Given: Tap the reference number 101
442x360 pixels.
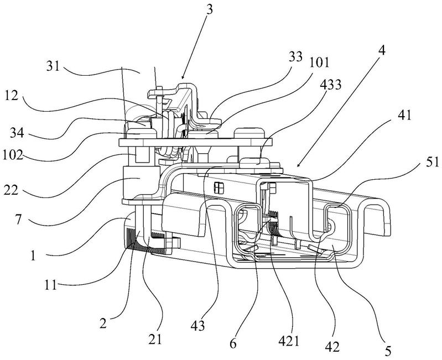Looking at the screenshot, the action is tap(319, 62).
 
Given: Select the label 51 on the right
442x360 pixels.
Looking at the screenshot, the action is tap(433, 163).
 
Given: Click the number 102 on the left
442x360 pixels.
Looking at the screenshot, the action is tap(13, 155).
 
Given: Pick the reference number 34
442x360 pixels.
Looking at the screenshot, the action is tap(17, 133).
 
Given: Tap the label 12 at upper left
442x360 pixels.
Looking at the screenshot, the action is tap(11, 96).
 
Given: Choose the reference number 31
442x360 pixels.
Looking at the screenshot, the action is tap(53, 66).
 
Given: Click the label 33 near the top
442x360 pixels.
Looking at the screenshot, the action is tap(295, 56).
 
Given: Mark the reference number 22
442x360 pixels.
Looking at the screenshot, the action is tap(11, 190).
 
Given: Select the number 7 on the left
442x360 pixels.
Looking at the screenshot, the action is tap(18, 220).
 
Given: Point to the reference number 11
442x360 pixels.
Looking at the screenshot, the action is tap(51, 285).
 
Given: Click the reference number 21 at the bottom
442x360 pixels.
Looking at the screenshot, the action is tap(155, 340).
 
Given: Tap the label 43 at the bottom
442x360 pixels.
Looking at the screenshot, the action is tap(197, 326).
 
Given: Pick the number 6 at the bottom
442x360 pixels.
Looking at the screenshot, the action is tap(233, 343).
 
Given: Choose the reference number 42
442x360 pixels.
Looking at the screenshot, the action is tap(332, 347).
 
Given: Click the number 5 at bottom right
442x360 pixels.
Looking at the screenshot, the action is tap(388, 351).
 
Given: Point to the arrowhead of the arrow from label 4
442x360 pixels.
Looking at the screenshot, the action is tap(298, 166).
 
